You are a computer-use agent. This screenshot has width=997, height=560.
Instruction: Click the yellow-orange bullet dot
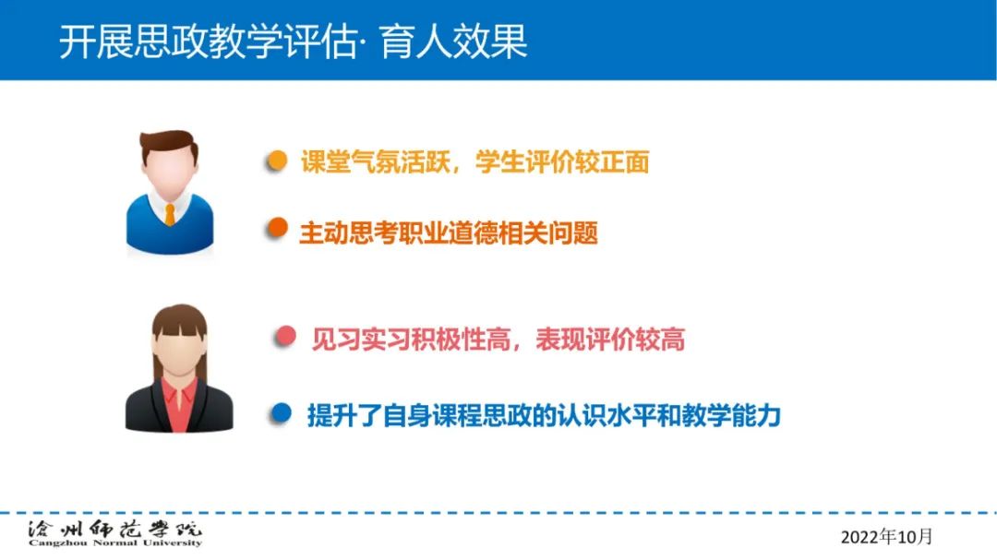(x=277, y=161)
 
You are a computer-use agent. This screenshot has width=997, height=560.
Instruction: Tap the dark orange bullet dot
(x=277, y=227)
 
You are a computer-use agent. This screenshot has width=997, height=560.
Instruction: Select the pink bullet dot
(x=285, y=336)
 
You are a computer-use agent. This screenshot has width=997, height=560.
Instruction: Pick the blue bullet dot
(x=281, y=413)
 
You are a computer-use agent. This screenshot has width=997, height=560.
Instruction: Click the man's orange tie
(x=170, y=215)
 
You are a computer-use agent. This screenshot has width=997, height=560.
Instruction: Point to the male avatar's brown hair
(x=169, y=144)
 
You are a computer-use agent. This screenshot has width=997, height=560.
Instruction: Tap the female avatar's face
(x=179, y=351)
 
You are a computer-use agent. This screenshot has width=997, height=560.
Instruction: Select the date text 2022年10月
(x=886, y=537)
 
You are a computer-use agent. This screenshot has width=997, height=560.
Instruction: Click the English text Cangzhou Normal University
(x=115, y=542)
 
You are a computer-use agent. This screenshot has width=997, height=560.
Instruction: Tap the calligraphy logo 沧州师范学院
(x=115, y=529)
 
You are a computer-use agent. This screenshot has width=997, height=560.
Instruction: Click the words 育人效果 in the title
(x=454, y=42)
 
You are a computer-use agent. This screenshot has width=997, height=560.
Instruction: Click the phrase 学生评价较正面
(x=562, y=162)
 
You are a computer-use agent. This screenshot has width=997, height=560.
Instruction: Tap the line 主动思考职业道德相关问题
(x=449, y=232)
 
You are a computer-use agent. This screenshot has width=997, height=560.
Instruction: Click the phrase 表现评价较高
(x=610, y=340)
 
